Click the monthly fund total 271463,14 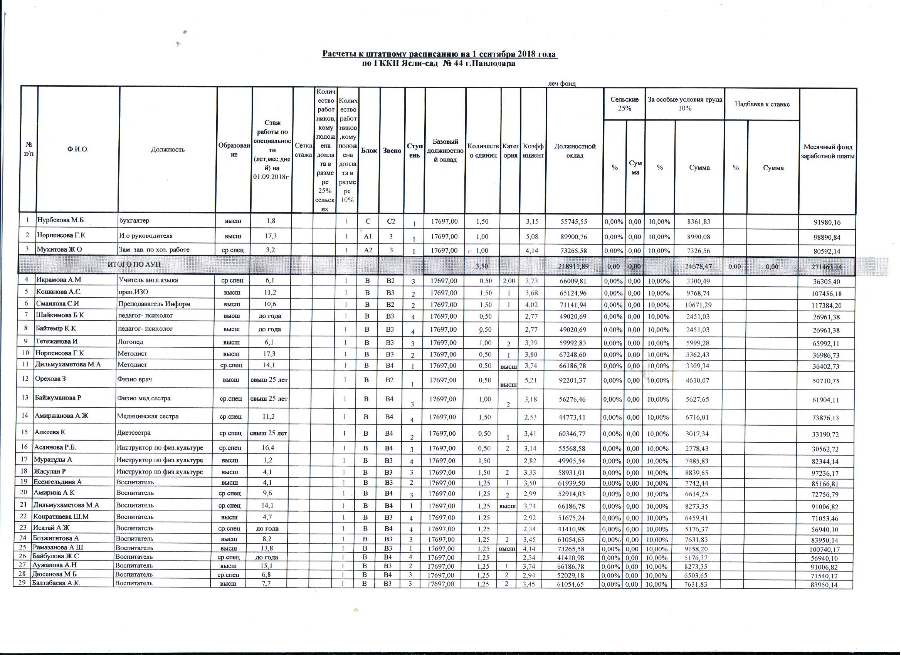(826, 267)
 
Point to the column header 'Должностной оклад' (575, 151)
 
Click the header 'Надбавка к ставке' (762, 104)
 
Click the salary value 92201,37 (572, 381)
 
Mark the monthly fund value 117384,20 (826, 306)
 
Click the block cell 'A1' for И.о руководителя (368, 236)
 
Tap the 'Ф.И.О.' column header (78, 150)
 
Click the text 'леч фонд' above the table (562, 83)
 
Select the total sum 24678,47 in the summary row (698, 267)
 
